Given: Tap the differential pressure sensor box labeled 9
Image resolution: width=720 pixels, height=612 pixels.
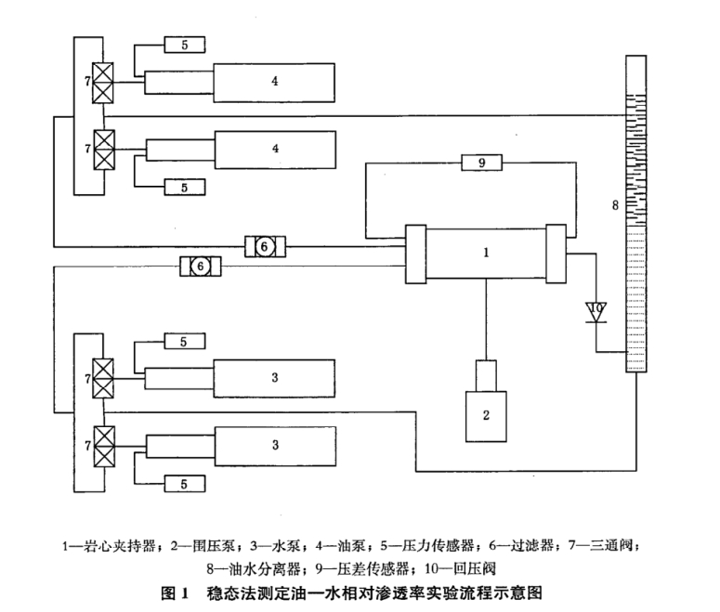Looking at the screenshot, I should coord(481,163).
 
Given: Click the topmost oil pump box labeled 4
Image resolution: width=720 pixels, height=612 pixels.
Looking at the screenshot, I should coord(275,82).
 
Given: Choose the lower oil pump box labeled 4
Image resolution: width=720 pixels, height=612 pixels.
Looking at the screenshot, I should coord(275,148).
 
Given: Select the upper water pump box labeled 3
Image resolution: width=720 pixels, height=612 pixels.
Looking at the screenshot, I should coord(275,379).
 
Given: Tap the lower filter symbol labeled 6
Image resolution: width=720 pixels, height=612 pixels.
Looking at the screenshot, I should coord(200,267).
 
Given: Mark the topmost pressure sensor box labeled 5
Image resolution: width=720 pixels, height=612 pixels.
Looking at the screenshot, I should coord(185,43).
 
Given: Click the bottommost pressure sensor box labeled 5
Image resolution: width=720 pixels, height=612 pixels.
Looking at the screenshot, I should coord(185,483).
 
